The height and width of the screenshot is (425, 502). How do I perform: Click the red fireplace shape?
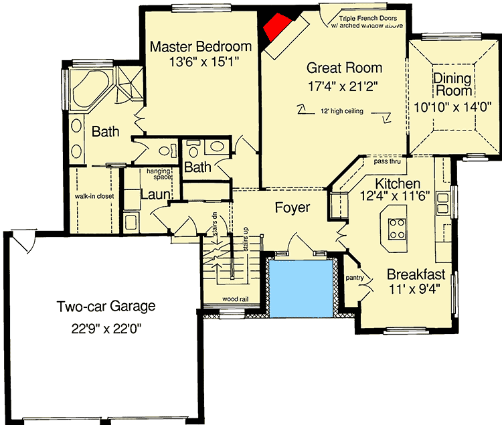[276, 27]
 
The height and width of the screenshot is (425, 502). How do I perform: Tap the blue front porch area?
[301, 288]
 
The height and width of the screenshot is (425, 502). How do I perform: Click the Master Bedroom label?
[201, 47]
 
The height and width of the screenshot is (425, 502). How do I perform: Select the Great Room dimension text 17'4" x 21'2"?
[343, 86]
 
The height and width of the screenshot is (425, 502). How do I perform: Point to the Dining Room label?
[452, 85]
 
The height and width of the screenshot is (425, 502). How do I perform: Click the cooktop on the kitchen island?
[397, 228]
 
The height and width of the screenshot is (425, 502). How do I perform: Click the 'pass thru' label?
[387, 161]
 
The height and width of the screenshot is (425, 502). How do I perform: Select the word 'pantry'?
[355, 278]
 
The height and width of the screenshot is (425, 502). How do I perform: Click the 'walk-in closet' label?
[94, 196]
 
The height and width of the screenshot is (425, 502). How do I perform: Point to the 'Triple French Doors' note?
[368, 19]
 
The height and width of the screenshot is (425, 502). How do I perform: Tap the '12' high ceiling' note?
[342, 111]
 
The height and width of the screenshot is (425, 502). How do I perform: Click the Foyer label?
[292, 207]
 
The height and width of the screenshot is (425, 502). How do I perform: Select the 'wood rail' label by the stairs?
[236, 299]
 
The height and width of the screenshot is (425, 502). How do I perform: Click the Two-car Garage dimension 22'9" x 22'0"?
[106, 329]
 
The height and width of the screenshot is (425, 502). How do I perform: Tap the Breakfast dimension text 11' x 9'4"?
[414, 289]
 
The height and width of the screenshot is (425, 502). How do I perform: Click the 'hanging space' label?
[159, 174]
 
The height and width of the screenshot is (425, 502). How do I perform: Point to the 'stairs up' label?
[246, 239]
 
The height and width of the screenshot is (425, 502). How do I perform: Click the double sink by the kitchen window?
[443, 203]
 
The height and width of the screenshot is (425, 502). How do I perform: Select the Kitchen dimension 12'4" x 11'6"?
[395, 195]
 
